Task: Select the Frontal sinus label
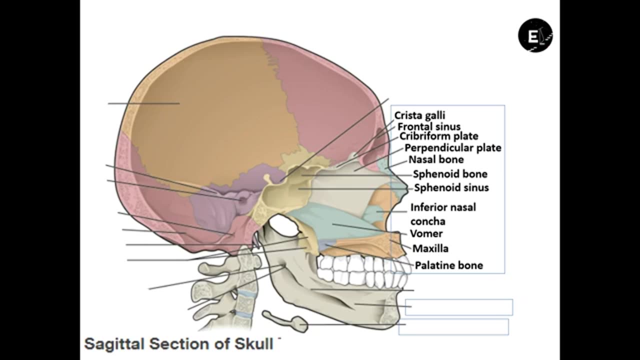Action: pyautogui.click(x=428, y=126)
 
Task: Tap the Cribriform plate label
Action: pyautogui.click(x=438, y=136)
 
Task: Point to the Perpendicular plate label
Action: pyautogui.click(x=452, y=148)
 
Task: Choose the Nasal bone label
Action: pyautogui.click(x=436, y=159)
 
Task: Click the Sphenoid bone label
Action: pyautogui.click(x=449, y=174)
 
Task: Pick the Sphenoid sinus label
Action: pyautogui.click(x=451, y=188)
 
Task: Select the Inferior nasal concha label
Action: pyautogui.click(x=442, y=213)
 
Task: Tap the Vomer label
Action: pyautogui.click(x=426, y=233)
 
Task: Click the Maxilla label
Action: pyautogui.click(x=430, y=248)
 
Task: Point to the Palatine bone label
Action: pyautogui.click(x=448, y=265)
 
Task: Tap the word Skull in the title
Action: pyautogui.click(x=253, y=344)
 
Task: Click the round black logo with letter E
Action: pyautogui.click(x=535, y=35)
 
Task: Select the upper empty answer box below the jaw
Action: pyautogui.click(x=458, y=307)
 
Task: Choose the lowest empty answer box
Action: pyautogui.click(x=453, y=326)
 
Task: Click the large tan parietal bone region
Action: pyautogui.click(x=210, y=110)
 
